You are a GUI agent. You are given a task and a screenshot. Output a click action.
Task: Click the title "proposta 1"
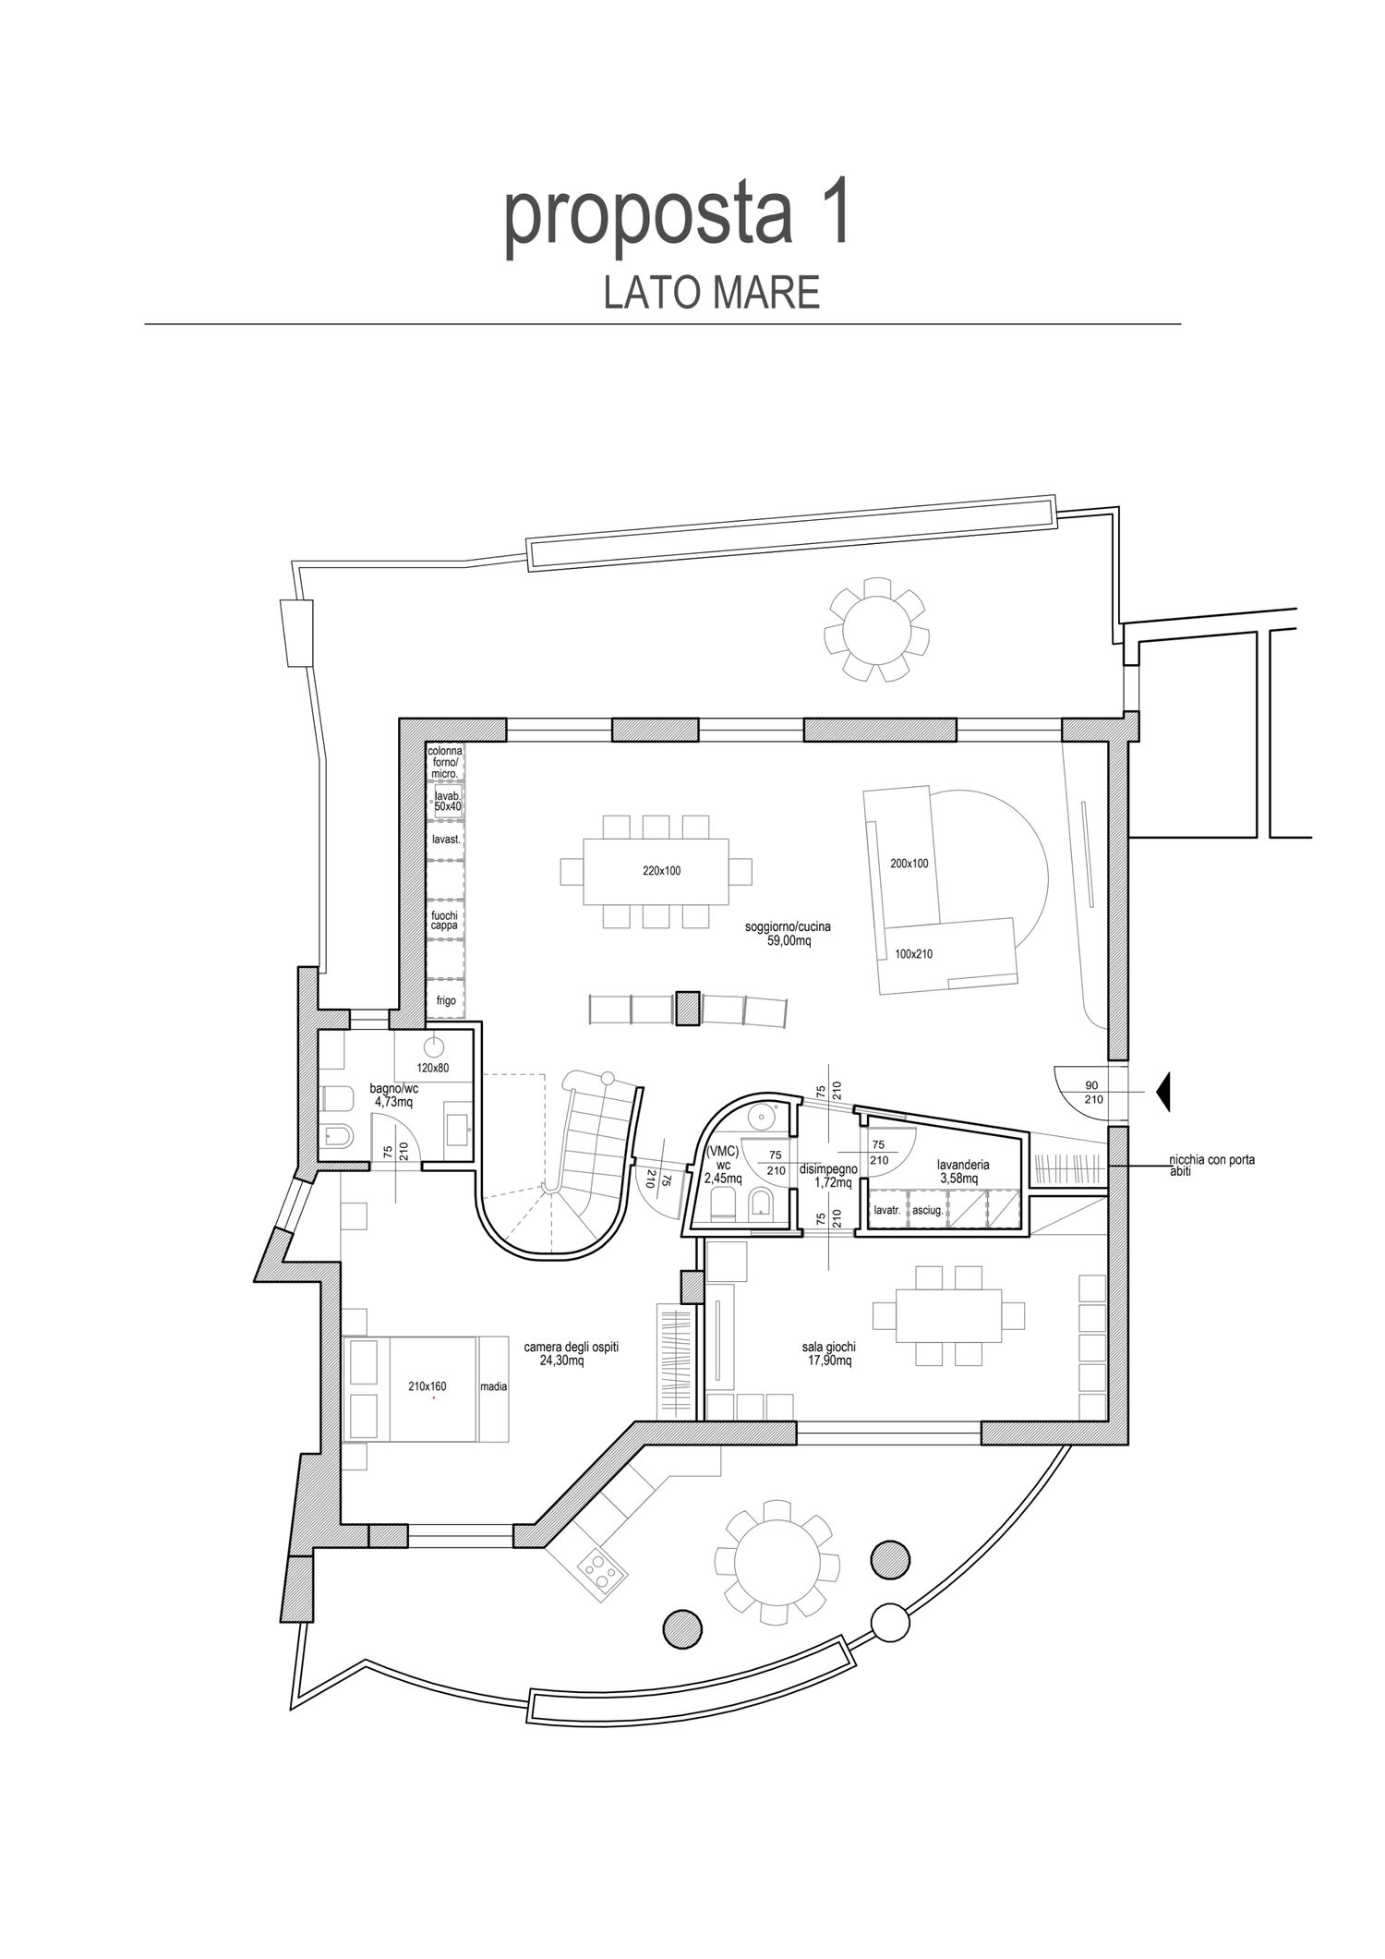pyautogui.click(x=677, y=218)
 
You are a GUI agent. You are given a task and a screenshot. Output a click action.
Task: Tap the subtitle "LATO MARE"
pyautogui.click(x=712, y=293)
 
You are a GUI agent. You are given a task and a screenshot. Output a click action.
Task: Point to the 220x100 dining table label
pyautogui.click(x=662, y=870)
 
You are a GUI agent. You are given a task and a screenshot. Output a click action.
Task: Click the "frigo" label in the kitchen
pyautogui.click(x=445, y=1000)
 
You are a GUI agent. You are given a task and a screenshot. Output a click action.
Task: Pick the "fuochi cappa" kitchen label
pyautogui.click(x=444, y=919)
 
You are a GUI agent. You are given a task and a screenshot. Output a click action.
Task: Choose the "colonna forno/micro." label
pyautogui.click(x=445, y=762)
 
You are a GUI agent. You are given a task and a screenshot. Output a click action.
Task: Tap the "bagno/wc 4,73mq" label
pyautogui.click(x=391, y=1094)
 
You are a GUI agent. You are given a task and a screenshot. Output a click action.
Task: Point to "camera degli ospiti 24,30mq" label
pyautogui.click(x=571, y=1354)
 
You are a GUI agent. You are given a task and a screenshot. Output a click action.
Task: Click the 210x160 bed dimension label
pyautogui.click(x=427, y=1386)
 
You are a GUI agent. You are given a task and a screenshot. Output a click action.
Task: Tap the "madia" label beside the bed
pyautogui.click(x=493, y=1386)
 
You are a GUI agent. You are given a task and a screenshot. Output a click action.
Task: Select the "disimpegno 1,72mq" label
pyautogui.click(x=828, y=1175)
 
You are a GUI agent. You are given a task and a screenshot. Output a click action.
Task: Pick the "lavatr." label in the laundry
pyautogui.click(x=886, y=1211)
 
